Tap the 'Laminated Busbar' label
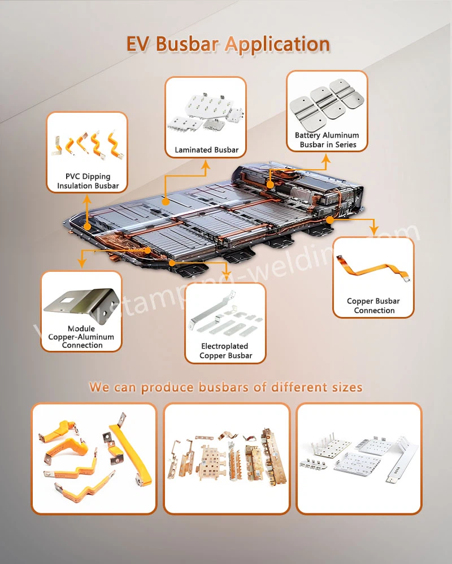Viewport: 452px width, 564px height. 206,150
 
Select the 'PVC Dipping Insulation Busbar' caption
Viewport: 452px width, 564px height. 88,181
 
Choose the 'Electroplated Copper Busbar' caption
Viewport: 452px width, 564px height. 225,351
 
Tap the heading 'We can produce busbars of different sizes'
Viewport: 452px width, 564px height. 226,387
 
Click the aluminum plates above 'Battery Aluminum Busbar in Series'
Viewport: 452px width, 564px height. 327,102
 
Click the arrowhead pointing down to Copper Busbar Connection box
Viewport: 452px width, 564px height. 372,230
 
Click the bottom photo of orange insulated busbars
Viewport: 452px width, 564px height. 93,458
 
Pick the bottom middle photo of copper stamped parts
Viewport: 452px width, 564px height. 226,458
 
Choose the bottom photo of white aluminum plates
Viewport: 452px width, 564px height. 359,458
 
